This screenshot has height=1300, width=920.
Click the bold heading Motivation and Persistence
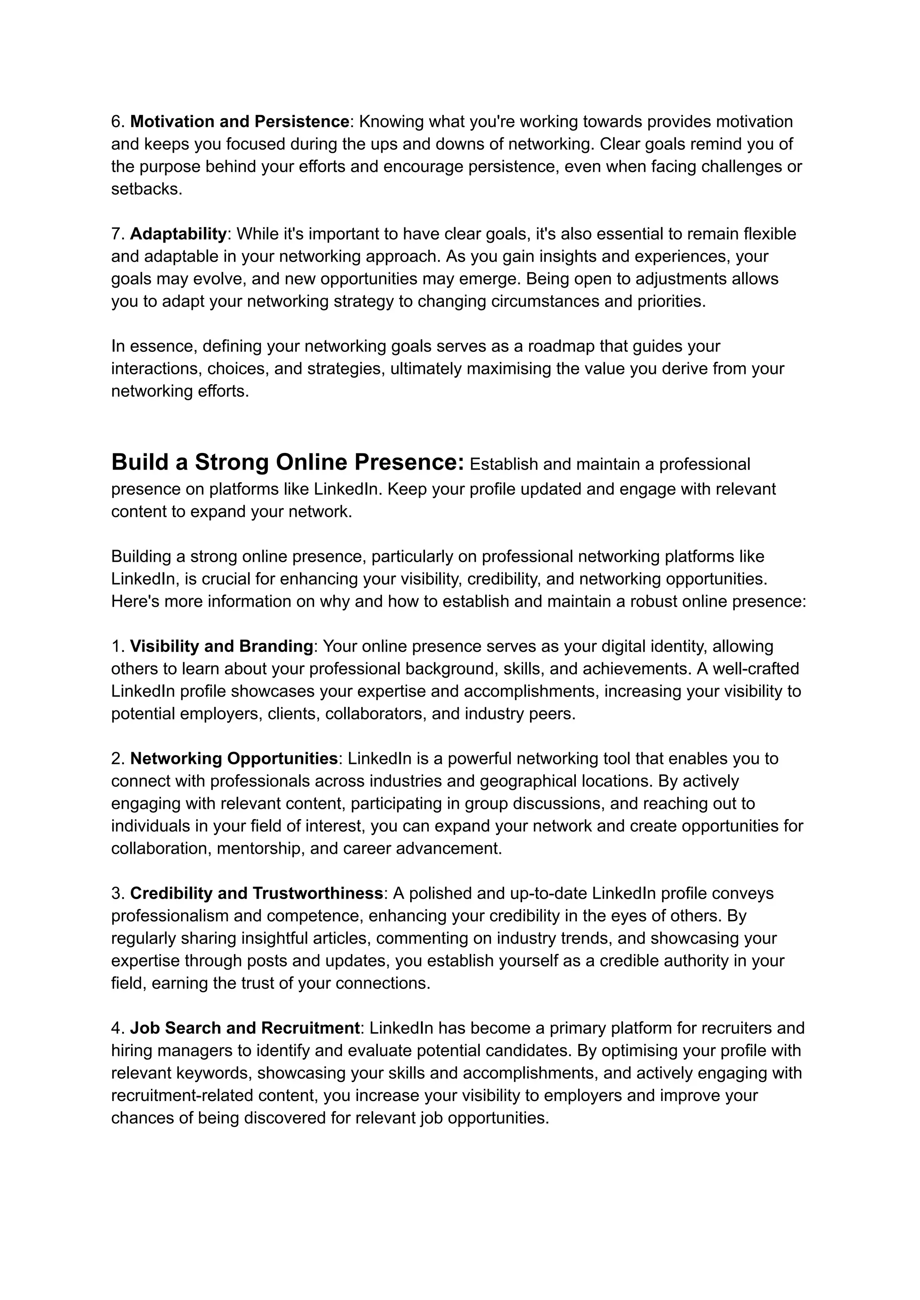click(x=239, y=122)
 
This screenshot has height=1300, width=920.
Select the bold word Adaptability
click(x=178, y=234)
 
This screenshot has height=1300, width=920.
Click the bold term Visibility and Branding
click(x=221, y=647)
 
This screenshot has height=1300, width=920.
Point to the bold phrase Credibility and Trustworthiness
click(x=257, y=894)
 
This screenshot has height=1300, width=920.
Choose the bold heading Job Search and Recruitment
click(x=245, y=1029)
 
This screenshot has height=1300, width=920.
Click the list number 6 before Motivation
click(x=117, y=122)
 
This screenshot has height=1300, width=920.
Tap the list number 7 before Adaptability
click(x=117, y=234)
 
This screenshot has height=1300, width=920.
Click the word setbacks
click(x=146, y=189)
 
